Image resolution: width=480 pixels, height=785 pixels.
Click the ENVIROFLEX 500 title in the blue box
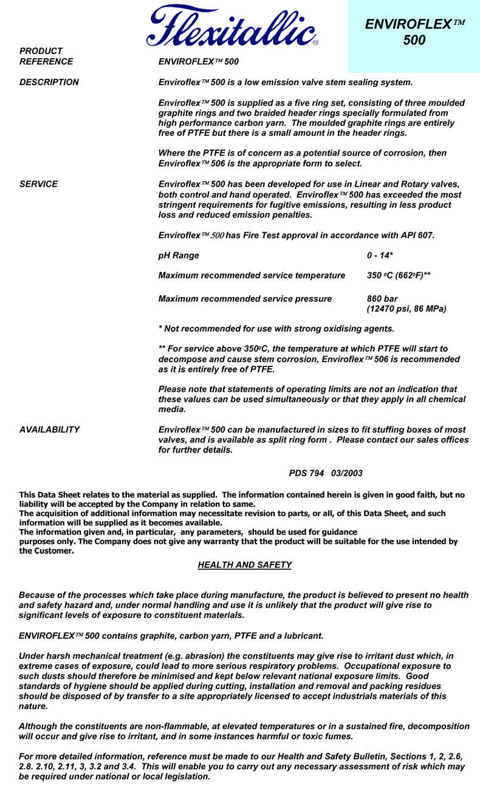414,32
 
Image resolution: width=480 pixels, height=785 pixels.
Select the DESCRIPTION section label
49,82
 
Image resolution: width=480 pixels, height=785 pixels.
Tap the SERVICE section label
38,184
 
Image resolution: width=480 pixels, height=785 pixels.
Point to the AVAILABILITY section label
49,430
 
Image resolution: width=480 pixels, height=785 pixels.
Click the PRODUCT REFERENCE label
46,56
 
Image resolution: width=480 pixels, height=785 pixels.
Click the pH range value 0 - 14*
380,255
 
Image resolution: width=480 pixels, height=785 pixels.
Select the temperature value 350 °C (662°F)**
399,275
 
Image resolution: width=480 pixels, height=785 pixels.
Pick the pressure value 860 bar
382,299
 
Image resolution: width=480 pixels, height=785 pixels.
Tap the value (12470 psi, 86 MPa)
406,309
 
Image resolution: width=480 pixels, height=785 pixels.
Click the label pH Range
178,255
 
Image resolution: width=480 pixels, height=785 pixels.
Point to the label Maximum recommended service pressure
245,299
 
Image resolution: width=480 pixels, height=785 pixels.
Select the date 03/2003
347,473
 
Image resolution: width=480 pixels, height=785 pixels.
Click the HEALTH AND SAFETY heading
244,565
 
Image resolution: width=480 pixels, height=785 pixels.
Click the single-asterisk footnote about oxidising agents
276,329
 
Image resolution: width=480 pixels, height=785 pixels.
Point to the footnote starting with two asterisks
309,359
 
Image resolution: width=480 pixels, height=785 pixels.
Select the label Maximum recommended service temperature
252,275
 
